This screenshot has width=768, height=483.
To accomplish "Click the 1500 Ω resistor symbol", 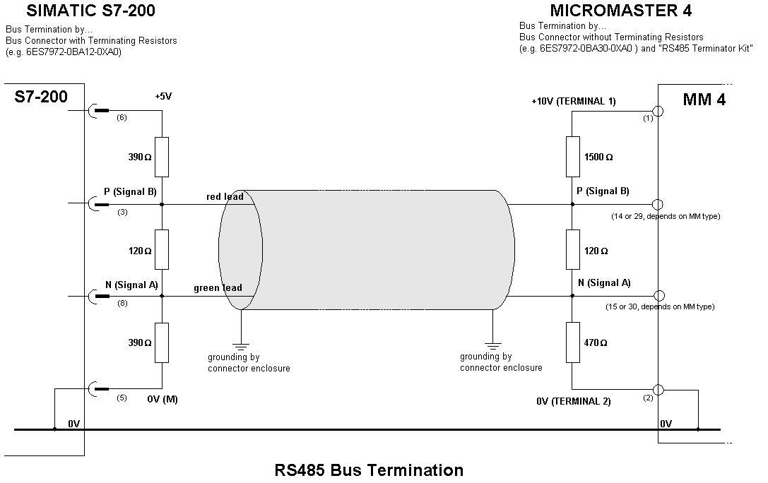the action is [x=572, y=157].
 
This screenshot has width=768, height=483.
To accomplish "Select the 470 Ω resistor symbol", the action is [x=572, y=342].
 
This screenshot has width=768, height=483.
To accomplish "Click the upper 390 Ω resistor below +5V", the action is [x=162, y=157].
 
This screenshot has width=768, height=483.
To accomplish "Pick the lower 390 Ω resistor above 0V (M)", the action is [x=162, y=342].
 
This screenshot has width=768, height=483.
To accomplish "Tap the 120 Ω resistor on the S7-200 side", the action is [x=162, y=249].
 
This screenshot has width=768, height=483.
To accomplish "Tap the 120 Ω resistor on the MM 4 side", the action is [x=572, y=249].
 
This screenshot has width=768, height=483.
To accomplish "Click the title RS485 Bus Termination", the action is [x=369, y=470].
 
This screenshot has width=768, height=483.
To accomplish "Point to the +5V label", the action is [x=164, y=97].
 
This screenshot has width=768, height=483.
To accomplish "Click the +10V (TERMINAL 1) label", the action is [x=574, y=101].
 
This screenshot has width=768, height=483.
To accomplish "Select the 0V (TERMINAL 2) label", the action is [x=574, y=401].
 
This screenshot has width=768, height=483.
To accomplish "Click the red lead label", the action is [x=225, y=196].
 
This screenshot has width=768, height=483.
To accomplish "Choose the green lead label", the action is [x=218, y=287].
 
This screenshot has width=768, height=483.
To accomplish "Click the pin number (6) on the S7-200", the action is [x=122, y=117].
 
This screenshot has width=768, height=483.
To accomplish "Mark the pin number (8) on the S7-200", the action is [x=122, y=304].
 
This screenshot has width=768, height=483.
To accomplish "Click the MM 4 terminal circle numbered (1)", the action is [x=658, y=111].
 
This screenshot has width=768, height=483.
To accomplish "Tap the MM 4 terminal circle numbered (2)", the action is [x=658, y=390].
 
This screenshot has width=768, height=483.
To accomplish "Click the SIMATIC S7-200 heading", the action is [x=90, y=11].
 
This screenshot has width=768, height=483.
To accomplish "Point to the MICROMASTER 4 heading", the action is [x=620, y=11].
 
